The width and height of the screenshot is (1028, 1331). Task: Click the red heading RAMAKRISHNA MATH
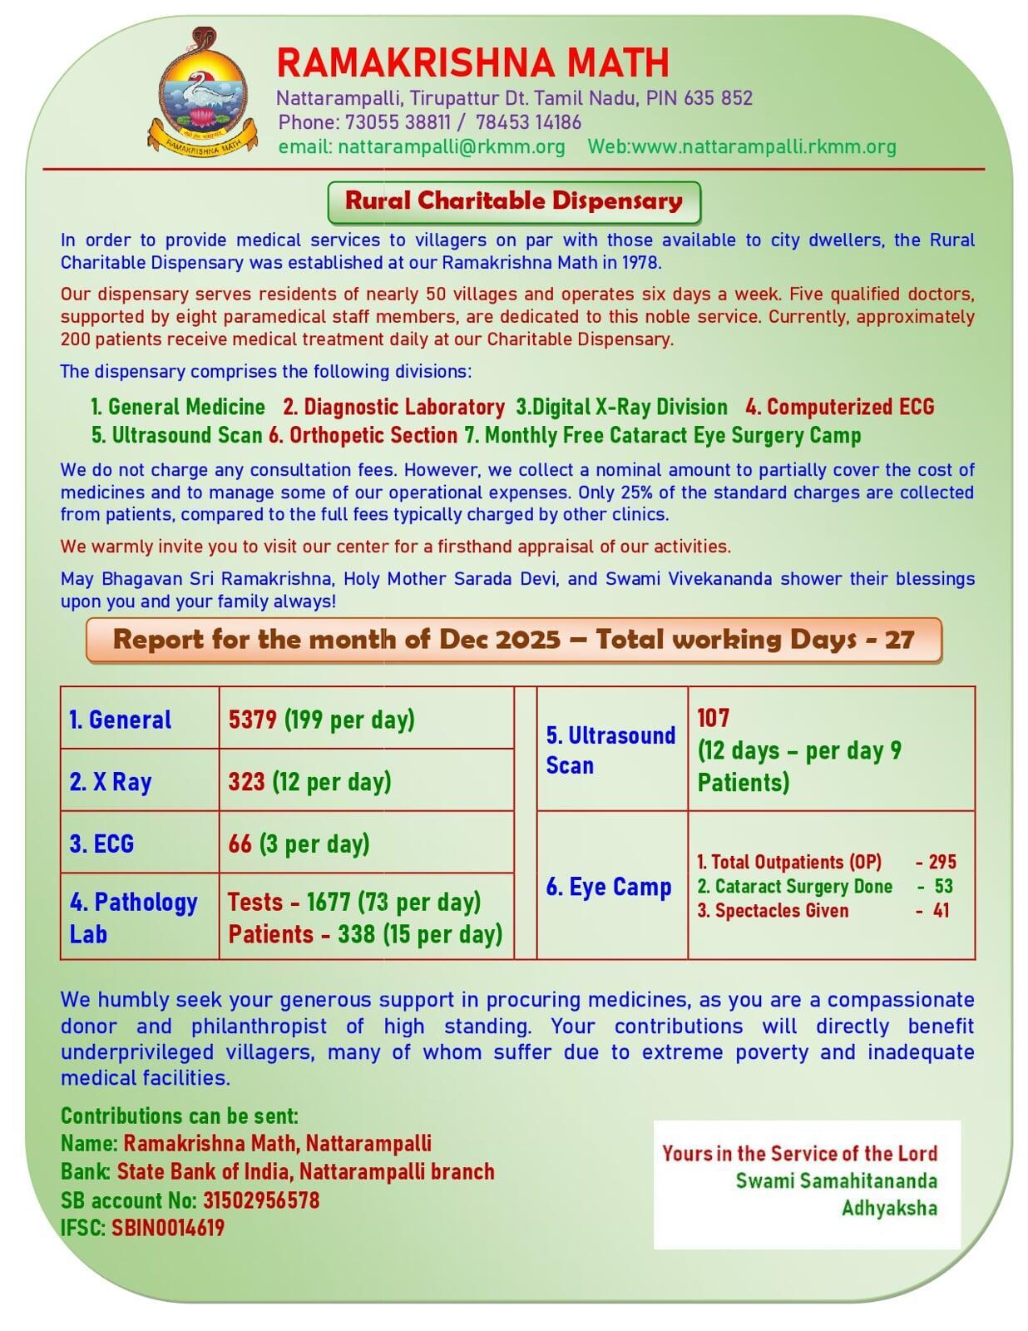click(x=472, y=63)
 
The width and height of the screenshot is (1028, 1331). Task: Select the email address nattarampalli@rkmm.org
click(x=452, y=147)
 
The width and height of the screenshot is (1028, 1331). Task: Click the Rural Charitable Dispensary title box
click(x=514, y=201)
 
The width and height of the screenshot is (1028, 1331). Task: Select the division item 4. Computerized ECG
click(x=840, y=407)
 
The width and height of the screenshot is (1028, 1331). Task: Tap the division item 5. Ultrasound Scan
click(x=176, y=435)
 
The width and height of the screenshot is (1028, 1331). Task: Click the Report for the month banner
click(x=513, y=640)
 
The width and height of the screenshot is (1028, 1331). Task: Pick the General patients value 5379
click(x=252, y=720)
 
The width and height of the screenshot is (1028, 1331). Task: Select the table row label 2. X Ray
click(x=111, y=782)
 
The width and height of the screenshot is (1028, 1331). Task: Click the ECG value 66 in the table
click(x=240, y=844)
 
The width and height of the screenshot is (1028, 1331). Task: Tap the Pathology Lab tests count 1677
click(x=329, y=902)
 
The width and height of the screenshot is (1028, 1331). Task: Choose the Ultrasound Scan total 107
click(x=713, y=718)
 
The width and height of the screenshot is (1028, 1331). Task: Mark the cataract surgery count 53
click(x=943, y=887)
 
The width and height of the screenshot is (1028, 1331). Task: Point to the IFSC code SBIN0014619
click(x=168, y=1228)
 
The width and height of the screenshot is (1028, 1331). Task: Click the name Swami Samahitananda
click(x=836, y=1181)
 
